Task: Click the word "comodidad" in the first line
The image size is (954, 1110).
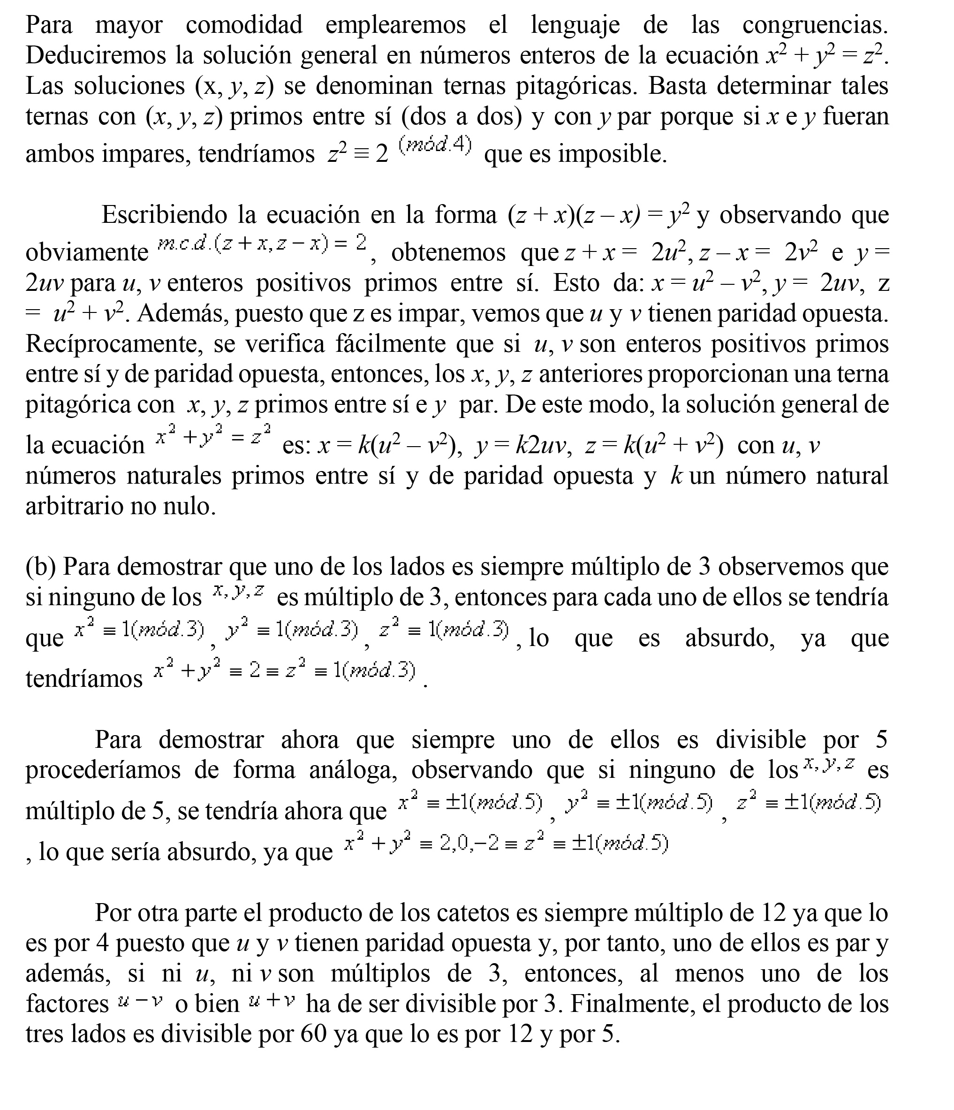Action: click(244, 25)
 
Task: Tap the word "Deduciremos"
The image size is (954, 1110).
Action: click(95, 55)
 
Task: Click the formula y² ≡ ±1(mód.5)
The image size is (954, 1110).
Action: click(638, 803)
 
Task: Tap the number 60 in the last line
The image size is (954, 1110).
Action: click(313, 1034)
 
